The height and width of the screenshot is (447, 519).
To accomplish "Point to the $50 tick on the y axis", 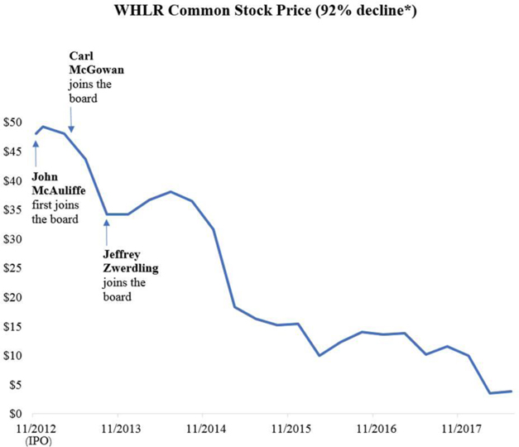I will pos(15,123).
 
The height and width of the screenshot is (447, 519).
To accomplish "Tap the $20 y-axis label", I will pos(15,297).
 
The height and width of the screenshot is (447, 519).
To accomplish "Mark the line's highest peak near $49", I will pos(43,127).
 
